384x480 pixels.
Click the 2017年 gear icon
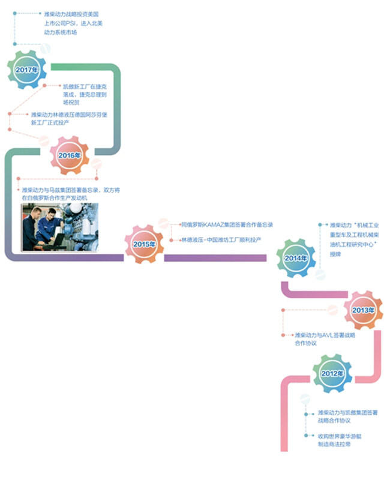(27, 70)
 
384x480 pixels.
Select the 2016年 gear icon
(70, 155)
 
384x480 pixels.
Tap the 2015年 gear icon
(144, 244)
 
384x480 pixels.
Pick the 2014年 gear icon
(296, 258)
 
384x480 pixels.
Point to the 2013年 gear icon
(363, 310)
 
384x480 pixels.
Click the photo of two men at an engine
(60, 227)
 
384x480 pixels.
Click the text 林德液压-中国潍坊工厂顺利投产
(221, 240)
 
